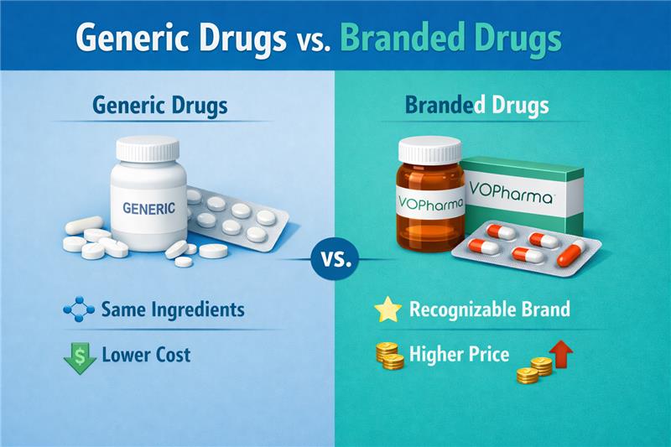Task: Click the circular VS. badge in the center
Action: pyautogui.click(x=335, y=261)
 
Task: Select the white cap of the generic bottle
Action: pyautogui.click(x=148, y=149)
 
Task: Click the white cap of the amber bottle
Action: pyautogui.click(x=429, y=150)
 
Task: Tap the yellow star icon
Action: pyautogui.click(x=388, y=309)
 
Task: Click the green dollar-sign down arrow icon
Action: pyautogui.click(x=80, y=355)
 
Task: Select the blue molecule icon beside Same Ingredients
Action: pyautogui.click(x=79, y=309)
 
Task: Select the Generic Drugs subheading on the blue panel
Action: pyautogui.click(x=161, y=107)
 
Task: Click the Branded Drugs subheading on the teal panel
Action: pyautogui.click(x=477, y=107)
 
